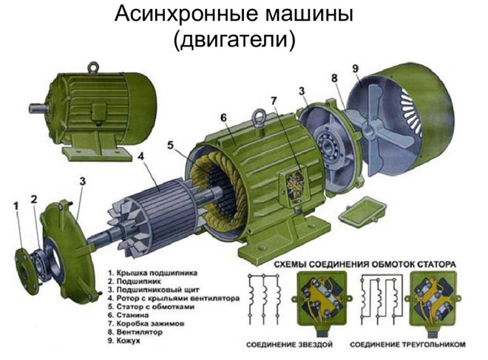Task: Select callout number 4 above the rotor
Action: [x=142, y=157]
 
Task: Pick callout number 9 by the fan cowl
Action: [x=356, y=69]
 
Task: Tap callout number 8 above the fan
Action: [x=334, y=78]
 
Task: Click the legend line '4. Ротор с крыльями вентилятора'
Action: [x=174, y=299]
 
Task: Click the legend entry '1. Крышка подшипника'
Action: [x=152, y=274]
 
